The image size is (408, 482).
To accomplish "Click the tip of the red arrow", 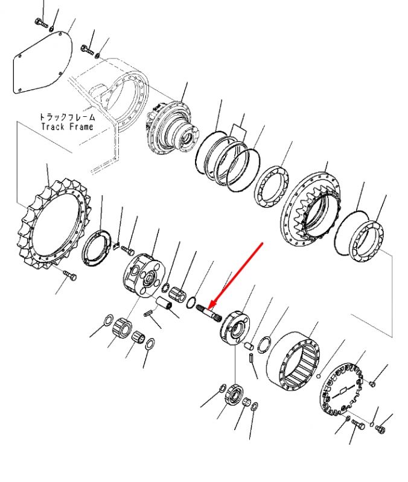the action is tap(209, 309).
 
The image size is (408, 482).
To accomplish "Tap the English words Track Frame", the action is tap(67, 127).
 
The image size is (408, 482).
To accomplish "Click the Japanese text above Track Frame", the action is tap(67, 117).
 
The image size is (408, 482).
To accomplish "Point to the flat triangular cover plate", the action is tap(42, 61).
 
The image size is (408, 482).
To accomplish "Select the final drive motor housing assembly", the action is tap(172, 127).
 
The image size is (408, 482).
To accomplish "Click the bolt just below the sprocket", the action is tap(70, 275).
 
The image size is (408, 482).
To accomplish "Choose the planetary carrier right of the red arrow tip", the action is tap(235, 328).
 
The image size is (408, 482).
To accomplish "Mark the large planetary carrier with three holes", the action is tap(144, 275).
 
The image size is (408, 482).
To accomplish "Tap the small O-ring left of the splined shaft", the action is tap(191, 302).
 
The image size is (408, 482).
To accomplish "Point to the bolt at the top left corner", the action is tap(40, 22).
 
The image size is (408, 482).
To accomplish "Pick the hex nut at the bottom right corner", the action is tap(380, 429).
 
